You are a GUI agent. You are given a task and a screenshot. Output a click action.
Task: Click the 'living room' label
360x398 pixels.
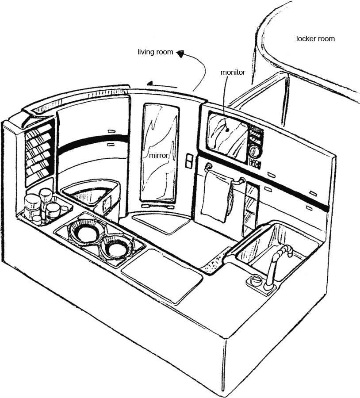coord(155,52)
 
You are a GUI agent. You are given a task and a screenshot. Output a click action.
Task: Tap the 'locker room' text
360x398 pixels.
coord(315,39)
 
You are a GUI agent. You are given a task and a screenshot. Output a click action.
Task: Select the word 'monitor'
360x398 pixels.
coord(233,72)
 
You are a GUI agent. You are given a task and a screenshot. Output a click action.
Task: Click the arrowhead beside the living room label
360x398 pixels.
coord(180,54)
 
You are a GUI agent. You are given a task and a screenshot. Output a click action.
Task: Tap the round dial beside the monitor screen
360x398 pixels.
coord(254,151)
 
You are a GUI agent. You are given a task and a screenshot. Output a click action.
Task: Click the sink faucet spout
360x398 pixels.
coord(283,252)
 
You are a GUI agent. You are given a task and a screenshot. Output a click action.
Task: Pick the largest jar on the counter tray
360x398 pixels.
coord(32,205)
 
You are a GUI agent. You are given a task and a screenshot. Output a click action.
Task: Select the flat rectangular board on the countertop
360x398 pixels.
coord(162,274)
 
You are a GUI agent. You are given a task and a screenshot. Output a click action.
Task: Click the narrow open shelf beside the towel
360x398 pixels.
coord(250,208)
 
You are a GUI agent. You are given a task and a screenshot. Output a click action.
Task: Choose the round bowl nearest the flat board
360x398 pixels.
coord(118,248)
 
